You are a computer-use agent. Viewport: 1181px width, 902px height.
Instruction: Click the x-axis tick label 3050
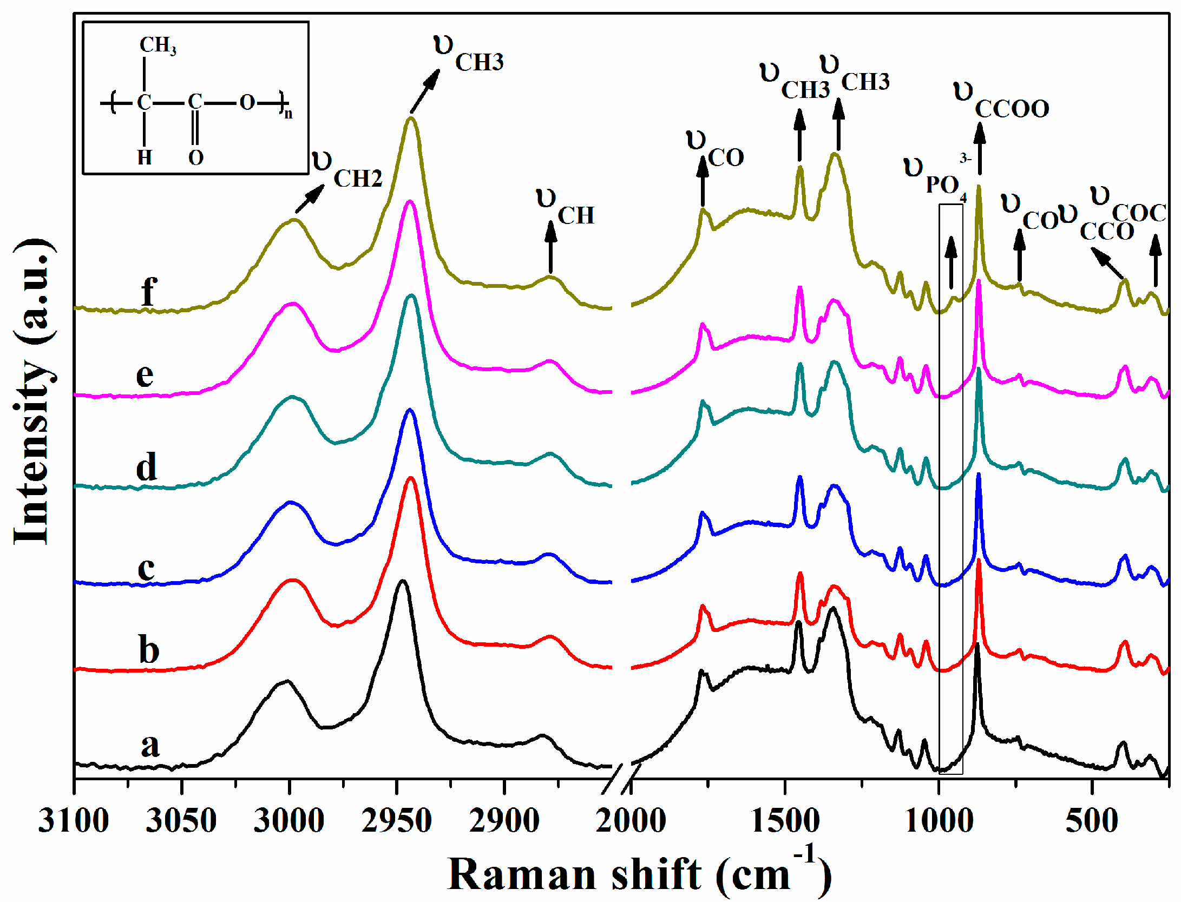click(x=181, y=821)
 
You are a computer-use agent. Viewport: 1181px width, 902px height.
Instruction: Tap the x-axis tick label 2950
click(x=397, y=821)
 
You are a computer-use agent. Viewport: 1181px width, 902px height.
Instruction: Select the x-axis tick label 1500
click(x=785, y=821)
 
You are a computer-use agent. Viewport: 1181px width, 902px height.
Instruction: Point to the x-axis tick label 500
click(x=1092, y=821)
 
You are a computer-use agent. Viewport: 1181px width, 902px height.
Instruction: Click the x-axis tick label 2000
click(x=631, y=821)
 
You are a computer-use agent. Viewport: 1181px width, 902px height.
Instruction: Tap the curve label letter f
click(x=149, y=292)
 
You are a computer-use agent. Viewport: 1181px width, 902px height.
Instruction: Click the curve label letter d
click(x=147, y=466)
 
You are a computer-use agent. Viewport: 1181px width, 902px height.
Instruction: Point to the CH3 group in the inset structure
click(x=158, y=45)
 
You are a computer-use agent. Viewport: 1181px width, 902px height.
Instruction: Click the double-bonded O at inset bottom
click(x=195, y=158)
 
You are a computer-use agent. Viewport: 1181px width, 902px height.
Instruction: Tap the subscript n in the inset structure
click(x=288, y=114)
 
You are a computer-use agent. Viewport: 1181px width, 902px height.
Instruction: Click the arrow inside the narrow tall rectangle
click(x=951, y=262)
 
